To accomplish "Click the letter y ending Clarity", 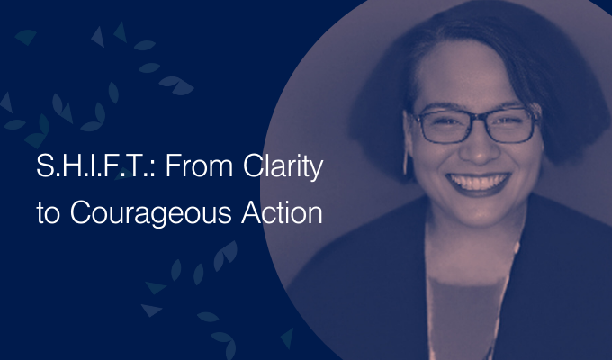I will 316,171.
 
